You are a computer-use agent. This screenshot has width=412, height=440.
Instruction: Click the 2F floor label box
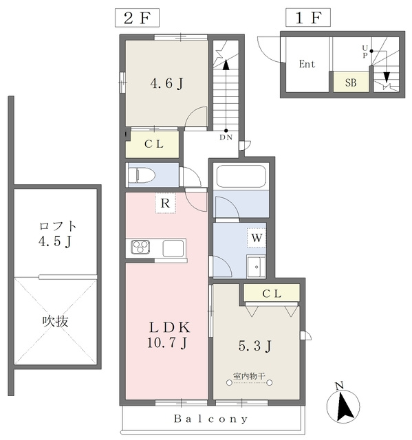tap(137, 18)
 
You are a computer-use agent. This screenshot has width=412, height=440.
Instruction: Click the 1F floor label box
tap(308, 18)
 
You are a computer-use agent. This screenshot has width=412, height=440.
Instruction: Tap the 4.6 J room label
tap(166, 83)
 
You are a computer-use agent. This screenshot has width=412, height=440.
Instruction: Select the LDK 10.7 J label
tap(169, 335)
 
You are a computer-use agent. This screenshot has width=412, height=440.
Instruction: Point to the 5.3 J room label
tap(254, 346)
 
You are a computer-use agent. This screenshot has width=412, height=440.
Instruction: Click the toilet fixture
tap(142, 175)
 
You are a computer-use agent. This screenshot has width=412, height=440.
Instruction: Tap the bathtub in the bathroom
tap(241, 176)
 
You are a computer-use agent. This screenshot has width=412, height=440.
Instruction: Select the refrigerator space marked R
tap(165, 203)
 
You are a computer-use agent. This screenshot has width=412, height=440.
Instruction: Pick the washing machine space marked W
tap(257, 238)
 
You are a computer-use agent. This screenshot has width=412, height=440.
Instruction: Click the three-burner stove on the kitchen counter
tap(140, 247)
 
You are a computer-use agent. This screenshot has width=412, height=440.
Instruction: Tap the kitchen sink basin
tap(173, 248)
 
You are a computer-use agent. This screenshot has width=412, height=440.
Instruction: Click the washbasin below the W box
tap(257, 267)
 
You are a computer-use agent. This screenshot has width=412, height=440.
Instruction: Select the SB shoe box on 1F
tap(351, 82)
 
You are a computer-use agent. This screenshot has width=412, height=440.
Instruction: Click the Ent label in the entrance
tap(307, 64)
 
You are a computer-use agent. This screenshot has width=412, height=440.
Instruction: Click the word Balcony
tap(210, 419)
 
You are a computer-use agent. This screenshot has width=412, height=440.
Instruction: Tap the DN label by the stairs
tap(226, 137)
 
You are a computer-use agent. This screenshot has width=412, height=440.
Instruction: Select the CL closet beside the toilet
tap(153, 144)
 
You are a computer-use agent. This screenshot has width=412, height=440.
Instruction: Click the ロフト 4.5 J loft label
tap(58, 234)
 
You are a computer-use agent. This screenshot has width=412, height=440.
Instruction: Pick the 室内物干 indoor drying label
tap(249, 375)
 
